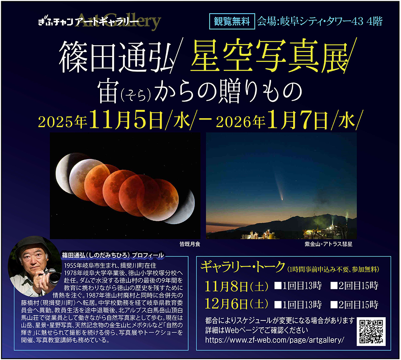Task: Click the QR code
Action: click(x=371, y=332)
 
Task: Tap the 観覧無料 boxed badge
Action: click(x=232, y=21)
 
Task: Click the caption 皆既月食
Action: click(x=190, y=244)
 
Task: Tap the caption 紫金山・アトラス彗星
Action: click(x=328, y=244)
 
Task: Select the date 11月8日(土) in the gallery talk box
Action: click(x=237, y=286)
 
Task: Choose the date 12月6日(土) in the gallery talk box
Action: click(x=237, y=304)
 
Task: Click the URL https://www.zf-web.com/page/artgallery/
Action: click(x=275, y=340)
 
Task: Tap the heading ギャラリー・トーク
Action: click(x=243, y=267)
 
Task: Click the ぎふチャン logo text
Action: click(x=56, y=22)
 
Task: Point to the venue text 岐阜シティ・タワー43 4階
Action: click(x=331, y=21)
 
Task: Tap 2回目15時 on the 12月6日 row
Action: click(x=354, y=305)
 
